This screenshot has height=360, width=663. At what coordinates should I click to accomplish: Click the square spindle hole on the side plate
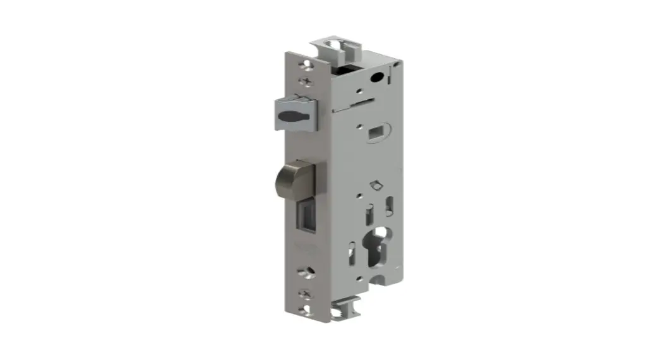pyautogui.click(x=374, y=132)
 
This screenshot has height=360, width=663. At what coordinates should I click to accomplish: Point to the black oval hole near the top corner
pyautogui.click(x=378, y=78)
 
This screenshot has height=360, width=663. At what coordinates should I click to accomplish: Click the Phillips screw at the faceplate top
pyautogui.click(x=308, y=81)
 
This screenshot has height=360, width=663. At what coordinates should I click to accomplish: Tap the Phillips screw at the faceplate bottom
pyautogui.click(x=308, y=293)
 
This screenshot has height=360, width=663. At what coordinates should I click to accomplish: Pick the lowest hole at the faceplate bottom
pyautogui.click(x=308, y=309)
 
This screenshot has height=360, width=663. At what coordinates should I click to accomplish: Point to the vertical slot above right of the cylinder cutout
pyautogui.click(x=390, y=205)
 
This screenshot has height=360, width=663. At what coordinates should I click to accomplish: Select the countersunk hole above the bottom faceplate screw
pyautogui.click(x=308, y=272)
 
